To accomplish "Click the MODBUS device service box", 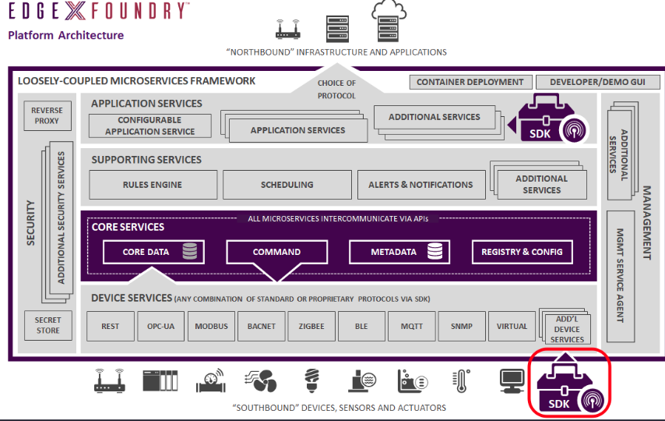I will [212, 326].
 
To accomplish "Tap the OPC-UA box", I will [161, 326].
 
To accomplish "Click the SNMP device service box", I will [461, 326].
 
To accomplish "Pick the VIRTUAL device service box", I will [512, 326].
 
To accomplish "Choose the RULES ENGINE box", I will [152, 185].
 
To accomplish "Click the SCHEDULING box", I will [287, 185].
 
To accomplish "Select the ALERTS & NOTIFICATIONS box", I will [420, 185].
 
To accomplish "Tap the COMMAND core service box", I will [276, 252].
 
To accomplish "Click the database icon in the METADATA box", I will [435, 252].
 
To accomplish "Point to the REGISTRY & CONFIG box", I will [522, 252].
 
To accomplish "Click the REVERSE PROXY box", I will [46, 115].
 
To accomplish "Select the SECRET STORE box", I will [47, 326].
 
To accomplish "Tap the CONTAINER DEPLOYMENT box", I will [470, 82].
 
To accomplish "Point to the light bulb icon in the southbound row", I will [312, 380].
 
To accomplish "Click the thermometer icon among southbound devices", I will [459, 380].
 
